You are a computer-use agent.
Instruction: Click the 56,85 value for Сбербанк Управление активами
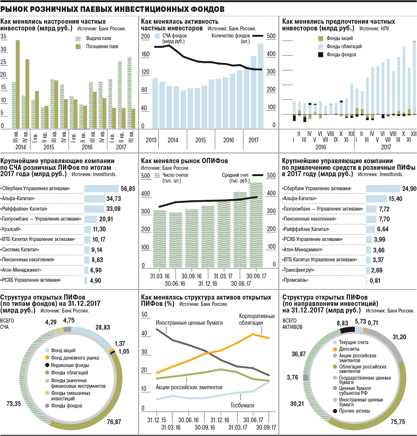click(128, 189)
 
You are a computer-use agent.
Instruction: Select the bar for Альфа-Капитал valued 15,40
click(376, 199)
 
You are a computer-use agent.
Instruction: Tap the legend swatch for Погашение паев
click(78, 47)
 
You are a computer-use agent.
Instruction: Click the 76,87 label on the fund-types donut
click(114, 422)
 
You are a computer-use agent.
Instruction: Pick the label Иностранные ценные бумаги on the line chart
click(189, 323)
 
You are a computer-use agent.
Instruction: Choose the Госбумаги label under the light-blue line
click(242, 405)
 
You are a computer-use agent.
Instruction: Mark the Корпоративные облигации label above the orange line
click(257, 319)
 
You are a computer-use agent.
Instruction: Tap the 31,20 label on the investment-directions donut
click(399, 337)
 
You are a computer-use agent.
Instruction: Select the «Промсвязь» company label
click(295, 280)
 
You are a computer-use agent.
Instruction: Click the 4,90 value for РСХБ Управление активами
click(95, 281)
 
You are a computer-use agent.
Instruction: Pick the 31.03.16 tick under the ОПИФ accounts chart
click(159, 276)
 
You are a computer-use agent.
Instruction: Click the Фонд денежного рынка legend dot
click(47, 358)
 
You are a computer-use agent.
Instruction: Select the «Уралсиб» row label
click(10, 229)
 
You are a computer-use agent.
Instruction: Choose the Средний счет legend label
click(235, 175)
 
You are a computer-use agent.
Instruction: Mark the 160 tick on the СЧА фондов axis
click(145, 54)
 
